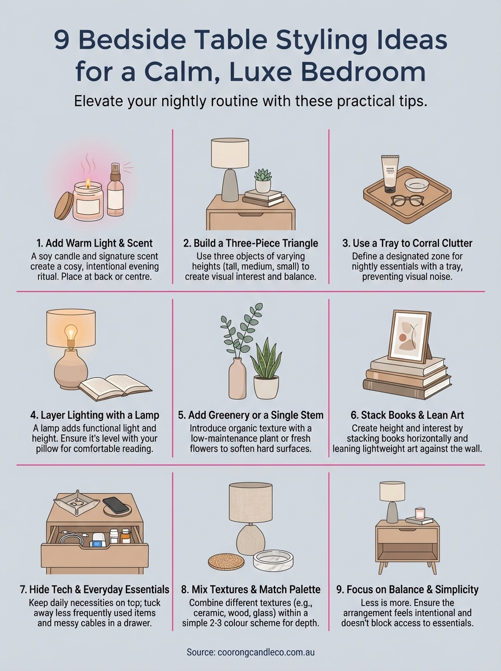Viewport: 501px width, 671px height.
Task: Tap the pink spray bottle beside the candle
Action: coord(115,193)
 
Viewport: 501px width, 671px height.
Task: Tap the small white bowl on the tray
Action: coord(417,185)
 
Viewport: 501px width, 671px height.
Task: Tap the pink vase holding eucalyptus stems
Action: coord(237,379)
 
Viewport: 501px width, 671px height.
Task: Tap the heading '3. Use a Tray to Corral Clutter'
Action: coord(407,243)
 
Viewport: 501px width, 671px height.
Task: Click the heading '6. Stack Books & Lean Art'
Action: coord(407,415)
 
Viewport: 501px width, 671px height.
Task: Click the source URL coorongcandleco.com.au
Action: coord(250,652)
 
